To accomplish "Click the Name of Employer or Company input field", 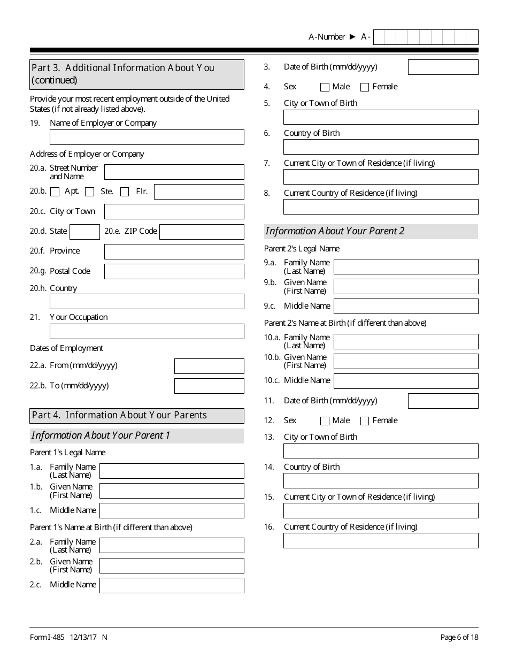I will [x=147, y=137].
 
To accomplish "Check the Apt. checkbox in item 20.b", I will [x=55, y=192].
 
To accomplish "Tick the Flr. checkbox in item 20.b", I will [x=125, y=192].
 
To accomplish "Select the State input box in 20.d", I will [x=84, y=232].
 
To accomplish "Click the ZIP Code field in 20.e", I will [x=202, y=232].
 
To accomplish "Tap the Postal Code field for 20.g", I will [x=174, y=272].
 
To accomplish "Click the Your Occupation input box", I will [x=147, y=332].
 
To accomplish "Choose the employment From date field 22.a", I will [x=209, y=366].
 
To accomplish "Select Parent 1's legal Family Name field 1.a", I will [x=172, y=471].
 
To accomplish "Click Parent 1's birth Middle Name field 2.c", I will [x=172, y=585].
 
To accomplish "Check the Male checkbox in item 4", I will [x=325, y=87].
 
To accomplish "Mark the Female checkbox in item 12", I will [x=365, y=421].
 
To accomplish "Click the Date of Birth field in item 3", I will [x=443, y=67].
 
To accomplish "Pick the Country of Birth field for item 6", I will [x=381, y=147].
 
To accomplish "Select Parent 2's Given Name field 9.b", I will [x=406, y=287].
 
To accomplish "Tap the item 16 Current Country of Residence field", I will [x=381, y=541].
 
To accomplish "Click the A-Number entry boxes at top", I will [x=426, y=37].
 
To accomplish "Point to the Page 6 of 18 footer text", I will [x=459, y=637].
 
